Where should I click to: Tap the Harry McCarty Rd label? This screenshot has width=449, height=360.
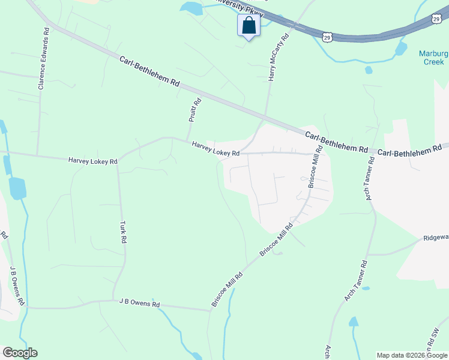[278, 58]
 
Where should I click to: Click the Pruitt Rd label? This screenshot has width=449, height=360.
[194, 110]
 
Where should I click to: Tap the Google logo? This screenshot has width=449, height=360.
[20, 353]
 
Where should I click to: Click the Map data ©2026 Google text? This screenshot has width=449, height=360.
[412, 355]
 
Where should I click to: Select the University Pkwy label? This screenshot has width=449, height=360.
[237, 7]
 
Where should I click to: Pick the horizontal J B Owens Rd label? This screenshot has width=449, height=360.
[139, 304]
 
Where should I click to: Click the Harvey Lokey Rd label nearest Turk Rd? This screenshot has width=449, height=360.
[92, 161]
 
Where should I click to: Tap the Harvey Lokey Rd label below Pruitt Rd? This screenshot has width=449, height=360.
[216, 149]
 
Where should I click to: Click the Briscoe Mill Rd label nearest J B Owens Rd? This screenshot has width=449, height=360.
[226, 290]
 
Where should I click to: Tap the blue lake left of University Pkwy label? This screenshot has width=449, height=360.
[191, 8]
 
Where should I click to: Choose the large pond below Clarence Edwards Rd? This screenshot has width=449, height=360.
[18, 188]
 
